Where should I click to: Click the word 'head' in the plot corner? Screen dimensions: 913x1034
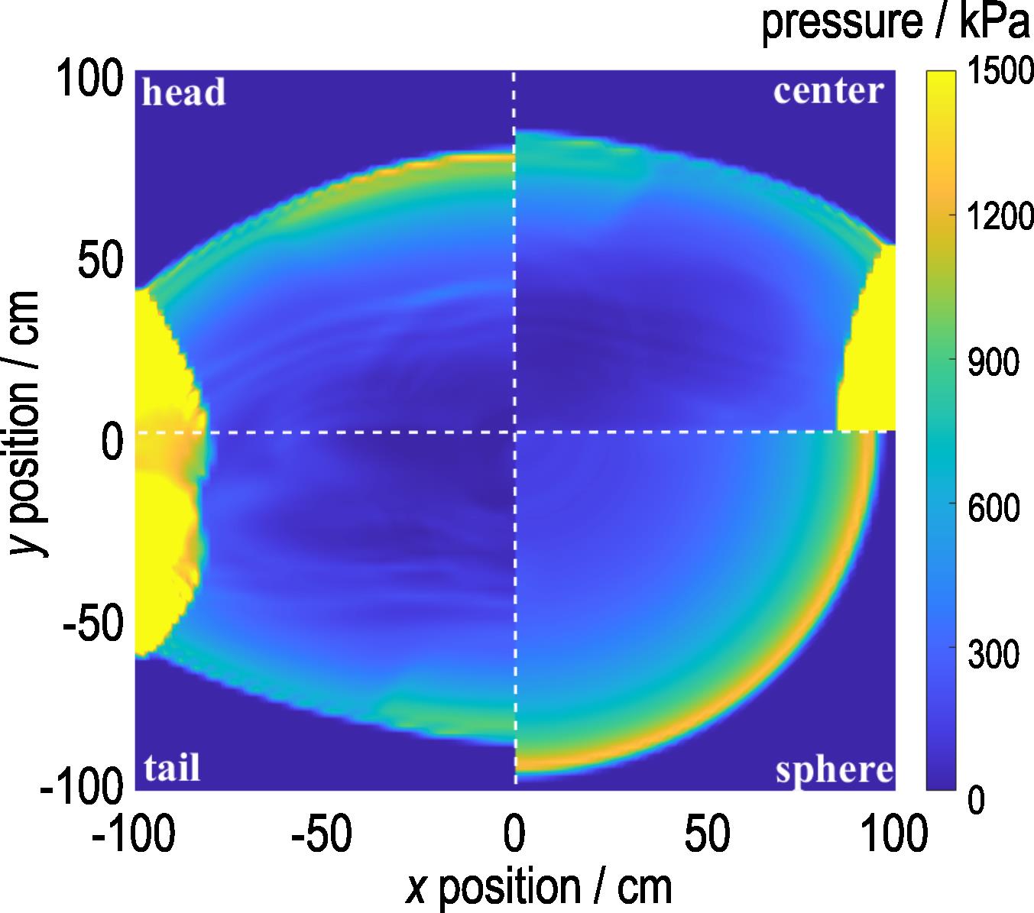(x=184, y=93)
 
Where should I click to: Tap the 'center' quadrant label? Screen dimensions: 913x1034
(x=829, y=91)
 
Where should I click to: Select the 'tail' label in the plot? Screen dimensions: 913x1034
(x=172, y=767)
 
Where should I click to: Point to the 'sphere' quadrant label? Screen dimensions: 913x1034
(x=835, y=770)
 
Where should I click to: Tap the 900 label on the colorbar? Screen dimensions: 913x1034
(x=993, y=362)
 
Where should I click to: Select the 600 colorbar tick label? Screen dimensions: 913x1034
(x=993, y=506)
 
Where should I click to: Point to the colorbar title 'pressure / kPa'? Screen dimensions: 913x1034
(x=896, y=23)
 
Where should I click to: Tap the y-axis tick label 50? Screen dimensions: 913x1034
(x=100, y=262)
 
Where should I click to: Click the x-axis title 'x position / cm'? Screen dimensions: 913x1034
(x=539, y=887)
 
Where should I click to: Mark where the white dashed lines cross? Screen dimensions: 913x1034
(x=514, y=432)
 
